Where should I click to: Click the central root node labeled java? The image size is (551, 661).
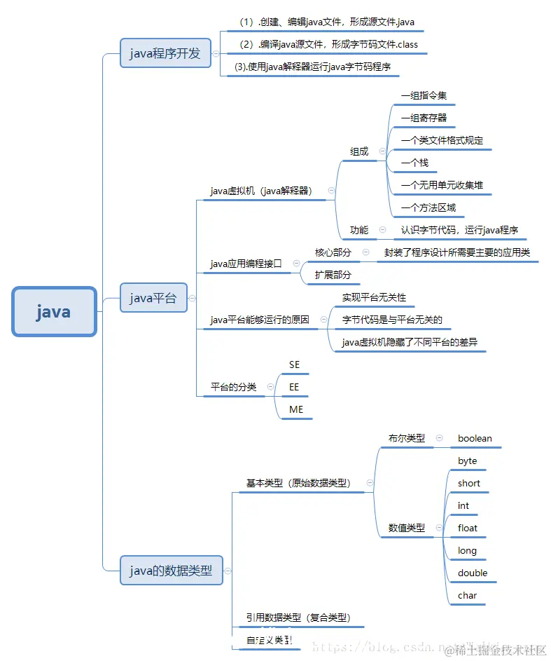coord(54,312)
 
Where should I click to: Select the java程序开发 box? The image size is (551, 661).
coord(165,53)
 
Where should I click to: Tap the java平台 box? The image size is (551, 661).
coord(153,298)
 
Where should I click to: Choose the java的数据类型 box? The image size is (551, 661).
coord(171,571)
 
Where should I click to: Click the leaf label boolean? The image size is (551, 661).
coord(475,439)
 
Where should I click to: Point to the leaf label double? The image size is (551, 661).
coord(473,573)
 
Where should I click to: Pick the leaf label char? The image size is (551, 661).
coord(467,596)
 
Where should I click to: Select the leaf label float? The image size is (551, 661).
coord(468,529)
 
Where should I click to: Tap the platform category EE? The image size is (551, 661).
coord(294,387)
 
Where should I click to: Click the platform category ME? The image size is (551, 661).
coord(296,409)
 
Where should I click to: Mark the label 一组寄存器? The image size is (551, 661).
coord(424,118)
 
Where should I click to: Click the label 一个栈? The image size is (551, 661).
coord(414,163)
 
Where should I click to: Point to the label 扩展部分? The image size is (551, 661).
coord(333,275)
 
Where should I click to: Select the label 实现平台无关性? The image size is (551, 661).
coord(374,297)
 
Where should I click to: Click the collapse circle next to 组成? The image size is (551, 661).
coord(382,151)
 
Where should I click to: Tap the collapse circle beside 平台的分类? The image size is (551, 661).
coord(270,387)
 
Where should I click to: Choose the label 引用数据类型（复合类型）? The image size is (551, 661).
coord(298,618)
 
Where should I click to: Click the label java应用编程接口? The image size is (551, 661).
coord(246,264)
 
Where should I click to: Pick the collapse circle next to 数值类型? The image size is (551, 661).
coord(439,528)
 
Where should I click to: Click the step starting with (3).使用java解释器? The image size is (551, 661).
coord(313,67)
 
